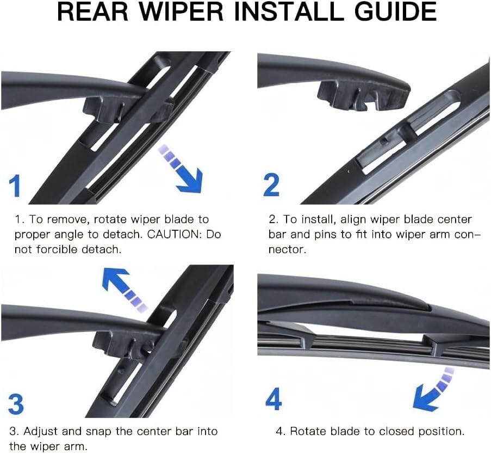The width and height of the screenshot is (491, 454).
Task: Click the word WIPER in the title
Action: click(x=181, y=11)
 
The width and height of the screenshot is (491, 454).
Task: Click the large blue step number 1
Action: click(x=15, y=186)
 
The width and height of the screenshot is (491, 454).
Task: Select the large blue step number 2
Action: click(x=271, y=185)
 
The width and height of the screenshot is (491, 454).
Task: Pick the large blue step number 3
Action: click(x=16, y=404)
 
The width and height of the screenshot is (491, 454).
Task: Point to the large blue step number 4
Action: click(x=274, y=398)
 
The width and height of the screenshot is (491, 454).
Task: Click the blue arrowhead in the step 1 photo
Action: click(x=190, y=180)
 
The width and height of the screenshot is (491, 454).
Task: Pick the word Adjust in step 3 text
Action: click(x=41, y=432)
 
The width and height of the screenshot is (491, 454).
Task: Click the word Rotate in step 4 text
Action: click(x=309, y=432)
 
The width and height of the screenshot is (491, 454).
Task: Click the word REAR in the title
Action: click(x=93, y=11)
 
